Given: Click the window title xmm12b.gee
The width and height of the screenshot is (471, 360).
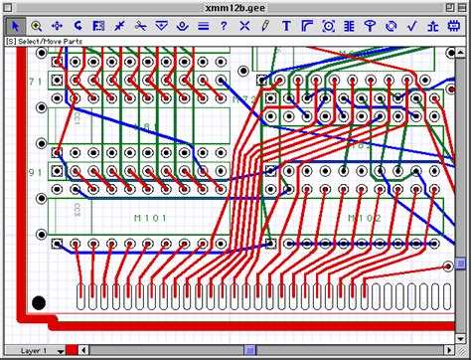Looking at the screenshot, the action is tap(235, 7).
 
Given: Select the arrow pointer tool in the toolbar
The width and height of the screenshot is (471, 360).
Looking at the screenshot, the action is tap(14, 25).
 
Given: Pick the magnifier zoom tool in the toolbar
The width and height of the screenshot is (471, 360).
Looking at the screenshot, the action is tap(36, 25).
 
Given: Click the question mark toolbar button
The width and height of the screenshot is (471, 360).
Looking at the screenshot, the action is tap(224, 25).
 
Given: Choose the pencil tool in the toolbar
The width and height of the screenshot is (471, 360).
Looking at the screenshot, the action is tap(265, 25).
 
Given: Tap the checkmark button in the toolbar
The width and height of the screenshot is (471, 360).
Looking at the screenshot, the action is tap(411, 25).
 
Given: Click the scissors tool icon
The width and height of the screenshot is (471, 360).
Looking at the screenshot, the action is tap(140, 25).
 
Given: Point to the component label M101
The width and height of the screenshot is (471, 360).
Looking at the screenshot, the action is tap(146, 218).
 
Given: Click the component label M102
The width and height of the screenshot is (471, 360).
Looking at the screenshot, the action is tap(365, 218).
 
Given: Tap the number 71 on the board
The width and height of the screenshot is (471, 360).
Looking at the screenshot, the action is tap(35, 82).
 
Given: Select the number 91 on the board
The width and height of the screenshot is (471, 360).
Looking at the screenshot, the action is tap(35, 171).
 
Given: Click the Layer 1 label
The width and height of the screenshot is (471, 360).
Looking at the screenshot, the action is tap(34, 351).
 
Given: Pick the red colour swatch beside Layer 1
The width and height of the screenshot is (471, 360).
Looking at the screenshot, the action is tap(72, 351).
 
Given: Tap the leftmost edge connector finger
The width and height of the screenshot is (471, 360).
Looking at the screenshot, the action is tap(81, 295).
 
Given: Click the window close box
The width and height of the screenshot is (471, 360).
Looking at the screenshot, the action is tap(12, 7).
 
